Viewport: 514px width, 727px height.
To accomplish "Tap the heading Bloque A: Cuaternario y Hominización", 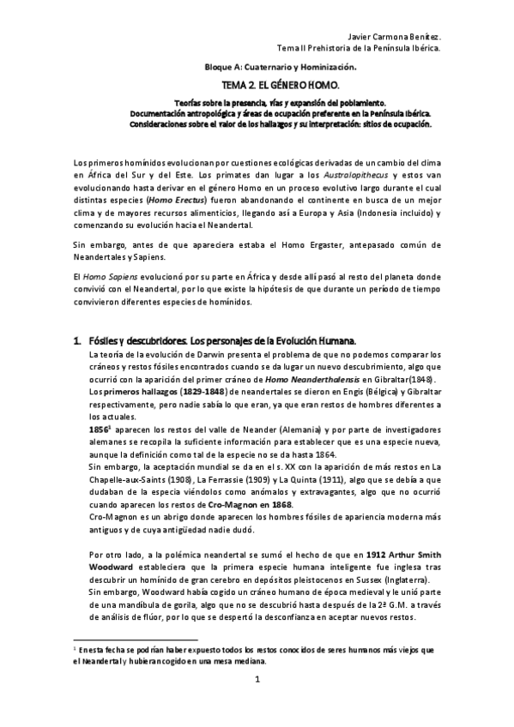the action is click(x=280, y=66).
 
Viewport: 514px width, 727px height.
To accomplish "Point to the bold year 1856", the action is click(x=99, y=429).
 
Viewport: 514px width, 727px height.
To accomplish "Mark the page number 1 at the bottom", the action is click(x=257, y=681).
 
